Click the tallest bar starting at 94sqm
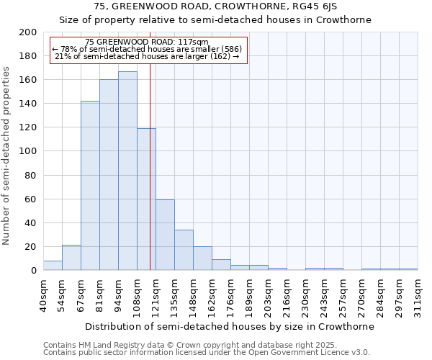pyautogui.click(x=127, y=171)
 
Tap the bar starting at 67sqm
pyautogui.click(x=90, y=186)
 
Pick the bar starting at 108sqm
pyautogui.click(x=146, y=199)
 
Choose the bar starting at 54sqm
pyautogui.click(x=71, y=258)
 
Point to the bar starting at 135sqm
pyautogui.click(x=184, y=250)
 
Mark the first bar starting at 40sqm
pyautogui.click(x=53, y=266)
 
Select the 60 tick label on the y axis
pyautogui.click(x=30, y=199)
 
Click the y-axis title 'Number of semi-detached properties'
pyautogui.click(x=7, y=156)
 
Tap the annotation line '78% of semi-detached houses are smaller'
pyautogui.click(x=148, y=49)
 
